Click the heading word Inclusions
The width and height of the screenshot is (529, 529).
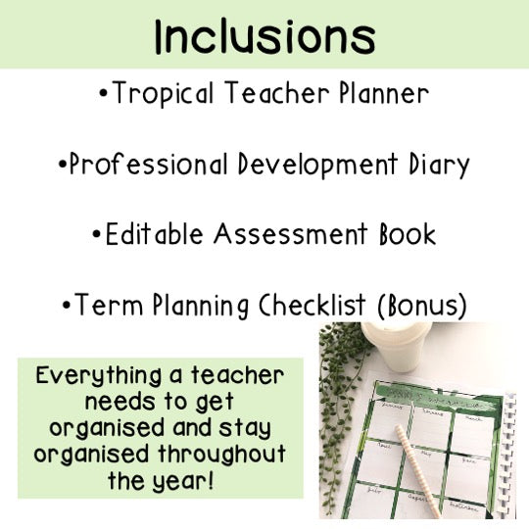pos(264,37)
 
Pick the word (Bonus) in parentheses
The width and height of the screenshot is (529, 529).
pos(421,307)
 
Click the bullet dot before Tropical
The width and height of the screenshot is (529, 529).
pos(104,96)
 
